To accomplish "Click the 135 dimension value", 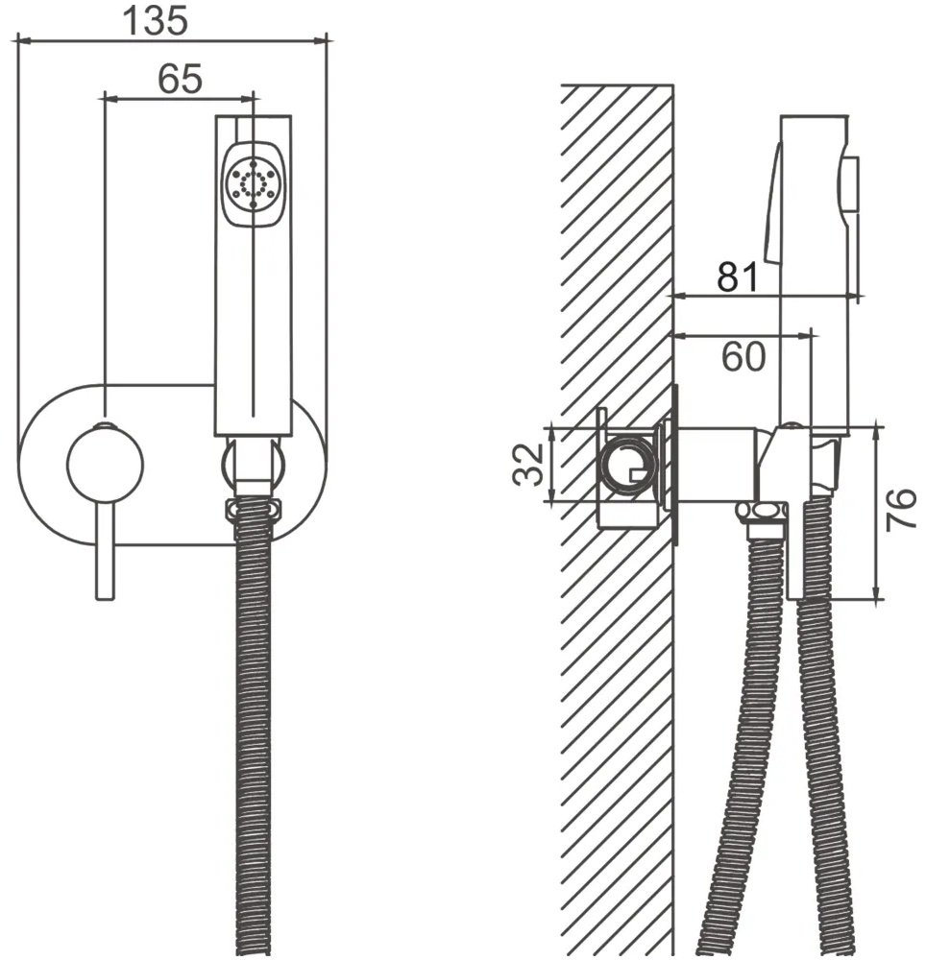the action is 155,21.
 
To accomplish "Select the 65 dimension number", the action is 180,79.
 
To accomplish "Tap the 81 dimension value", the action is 739,277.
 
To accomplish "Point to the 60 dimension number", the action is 743,356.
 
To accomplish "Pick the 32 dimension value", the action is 528,464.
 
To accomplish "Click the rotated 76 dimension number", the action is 902,509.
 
